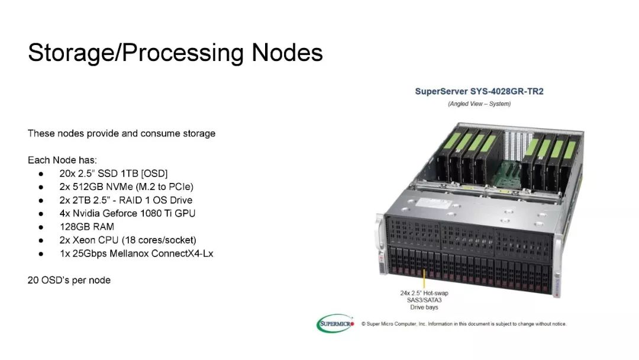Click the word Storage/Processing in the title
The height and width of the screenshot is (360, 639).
click(x=136, y=53)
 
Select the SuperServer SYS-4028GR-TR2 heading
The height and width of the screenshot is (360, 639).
click(x=479, y=92)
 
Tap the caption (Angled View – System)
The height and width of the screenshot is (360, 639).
click(x=479, y=104)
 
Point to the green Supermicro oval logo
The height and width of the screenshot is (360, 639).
click(x=334, y=323)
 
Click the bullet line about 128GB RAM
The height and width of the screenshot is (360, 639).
click(x=86, y=227)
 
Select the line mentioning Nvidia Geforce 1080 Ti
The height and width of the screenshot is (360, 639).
click(x=127, y=213)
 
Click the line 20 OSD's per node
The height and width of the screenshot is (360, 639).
click(x=69, y=280)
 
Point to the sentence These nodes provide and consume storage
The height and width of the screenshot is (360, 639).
click(x=121, y=133)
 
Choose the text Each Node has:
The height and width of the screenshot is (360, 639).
click(x=62, y=160)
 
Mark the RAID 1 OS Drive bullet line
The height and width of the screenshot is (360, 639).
click(x=125, y=200)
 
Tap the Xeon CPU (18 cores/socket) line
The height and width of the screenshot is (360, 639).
click(x=127, y=240)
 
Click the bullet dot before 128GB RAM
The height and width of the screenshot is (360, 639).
click(x=41, y=227)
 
